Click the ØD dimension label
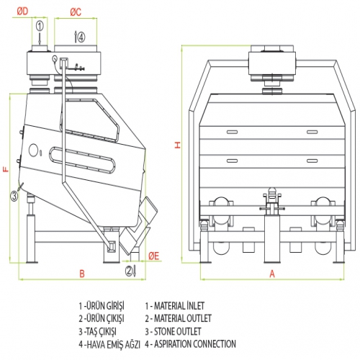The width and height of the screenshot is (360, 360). [22, 11]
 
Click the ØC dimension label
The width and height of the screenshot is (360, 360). [76, 12]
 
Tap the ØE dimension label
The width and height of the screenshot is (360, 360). [153, 256]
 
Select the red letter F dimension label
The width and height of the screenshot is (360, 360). [6, 169]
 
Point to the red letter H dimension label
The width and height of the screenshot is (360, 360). [178, 145]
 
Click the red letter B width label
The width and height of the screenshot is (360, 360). [82, 274]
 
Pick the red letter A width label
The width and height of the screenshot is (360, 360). [272, 274]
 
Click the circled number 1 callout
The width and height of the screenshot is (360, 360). [40, 26]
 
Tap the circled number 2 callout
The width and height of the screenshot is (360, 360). [129, 271]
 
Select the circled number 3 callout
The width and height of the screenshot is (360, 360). [14, 196]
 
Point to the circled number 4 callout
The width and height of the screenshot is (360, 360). [81, 37]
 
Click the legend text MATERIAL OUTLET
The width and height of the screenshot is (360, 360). [183, 318]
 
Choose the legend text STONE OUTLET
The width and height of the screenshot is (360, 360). [177, 331]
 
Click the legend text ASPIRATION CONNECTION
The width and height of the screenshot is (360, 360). [195, 344]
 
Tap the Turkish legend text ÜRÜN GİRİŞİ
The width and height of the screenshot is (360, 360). [105, 306]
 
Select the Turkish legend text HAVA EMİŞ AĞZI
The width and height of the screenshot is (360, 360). [113, 345]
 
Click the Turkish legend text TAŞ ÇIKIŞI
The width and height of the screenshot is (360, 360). [102, 332]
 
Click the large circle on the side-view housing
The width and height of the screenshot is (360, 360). [33, 150]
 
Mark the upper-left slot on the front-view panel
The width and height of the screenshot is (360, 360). [232, 132]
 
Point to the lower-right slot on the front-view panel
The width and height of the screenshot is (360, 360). [312, 161]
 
